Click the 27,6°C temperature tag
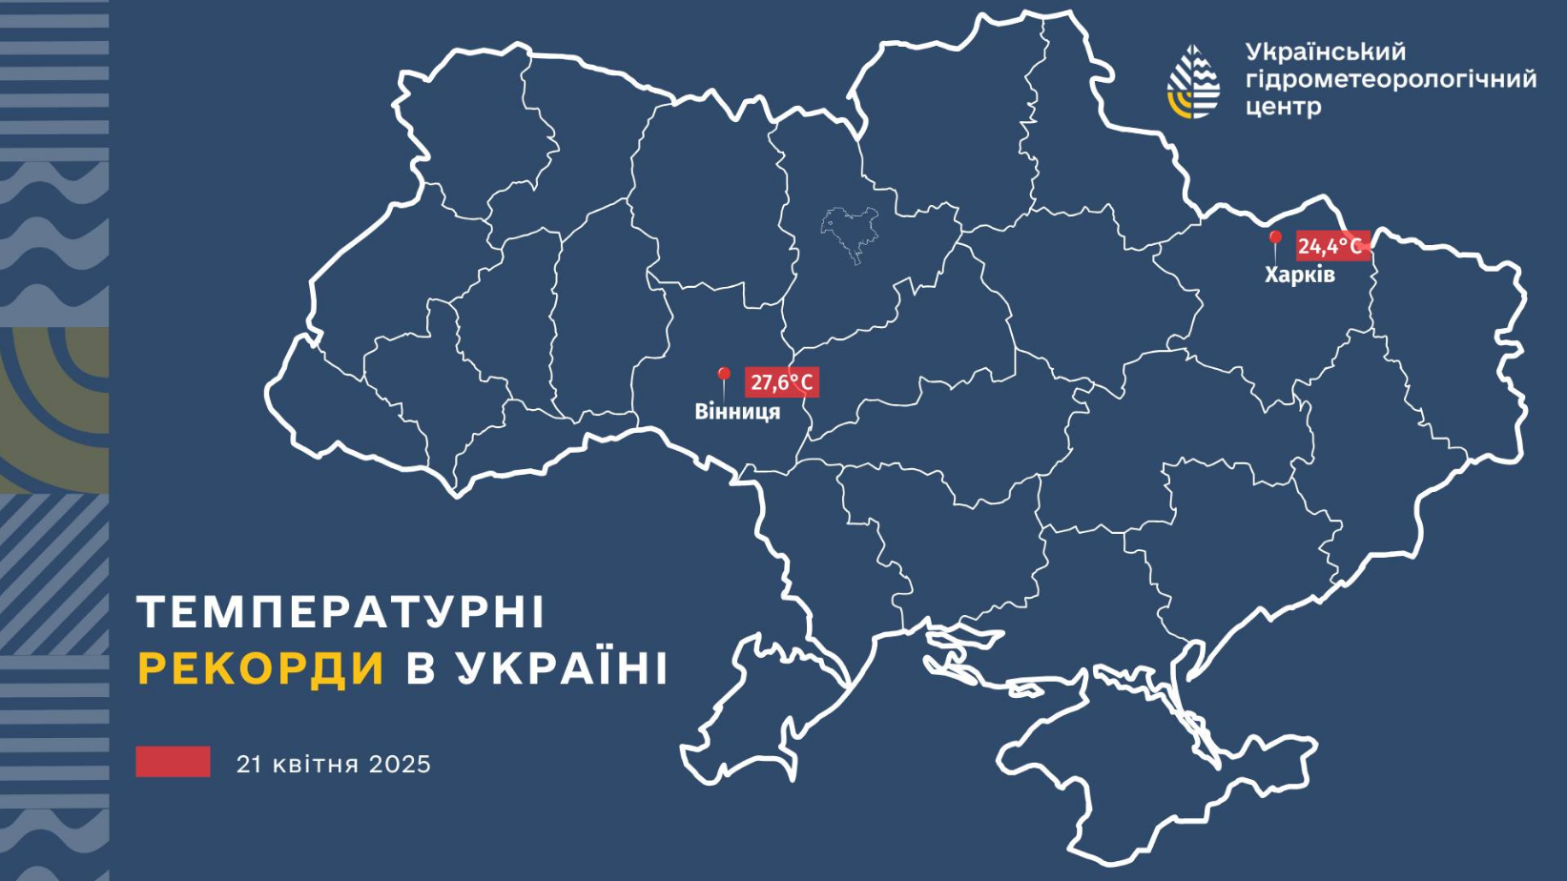(x=781, y=382)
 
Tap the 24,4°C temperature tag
(x=1331, y=246)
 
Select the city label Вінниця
(x=737, y=412)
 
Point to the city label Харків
(x=1299, y=275)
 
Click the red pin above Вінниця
(x=723, y=376)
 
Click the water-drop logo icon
(x=1193, y=82)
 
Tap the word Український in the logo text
(x=1325, y=51)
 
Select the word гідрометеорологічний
(x=1391, y=79)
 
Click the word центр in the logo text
(x=1283, y=107)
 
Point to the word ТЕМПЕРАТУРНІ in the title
(x=340, y=611)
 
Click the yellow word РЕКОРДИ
(x=261, y=668)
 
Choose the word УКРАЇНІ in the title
(x=562, y=668)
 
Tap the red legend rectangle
(x=173, y=762)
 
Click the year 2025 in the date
(x=400, y=765)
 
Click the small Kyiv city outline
(x=849, y=232)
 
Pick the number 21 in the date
(x=249, y=765)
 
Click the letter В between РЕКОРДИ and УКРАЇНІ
(x=421, y=668)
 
